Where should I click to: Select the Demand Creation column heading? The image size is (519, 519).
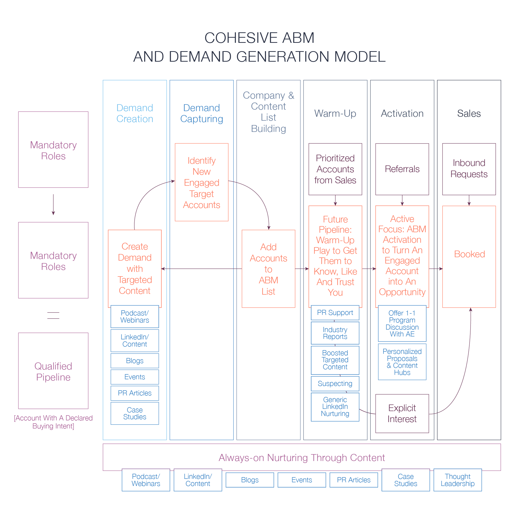pos(135,113)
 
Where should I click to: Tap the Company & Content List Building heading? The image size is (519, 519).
pos(268,112)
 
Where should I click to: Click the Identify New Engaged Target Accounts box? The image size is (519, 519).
pos(201,182)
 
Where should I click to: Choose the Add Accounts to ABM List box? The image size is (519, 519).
pos(268,269)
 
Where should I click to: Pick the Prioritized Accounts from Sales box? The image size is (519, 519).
pos(335,169)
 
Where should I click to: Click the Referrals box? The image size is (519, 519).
pos(402,169)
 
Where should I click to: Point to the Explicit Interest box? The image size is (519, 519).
pos(402,414)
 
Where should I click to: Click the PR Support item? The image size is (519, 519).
pos(335,313)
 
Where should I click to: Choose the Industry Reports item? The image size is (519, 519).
pos(335,333)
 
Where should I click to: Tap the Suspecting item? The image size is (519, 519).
pos(335,384)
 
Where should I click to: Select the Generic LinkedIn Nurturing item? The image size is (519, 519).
pos(335,407)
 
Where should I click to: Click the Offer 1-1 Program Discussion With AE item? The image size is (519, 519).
pos(402,323)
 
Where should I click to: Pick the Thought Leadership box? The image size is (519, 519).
pos(458,480)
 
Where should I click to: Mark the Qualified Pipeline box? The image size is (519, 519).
pos(53,371)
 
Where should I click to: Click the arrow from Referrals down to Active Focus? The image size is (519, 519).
pos(402,200)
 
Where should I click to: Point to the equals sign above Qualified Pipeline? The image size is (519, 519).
pos(53,315)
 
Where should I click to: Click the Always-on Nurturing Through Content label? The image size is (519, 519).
pos(302,458)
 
